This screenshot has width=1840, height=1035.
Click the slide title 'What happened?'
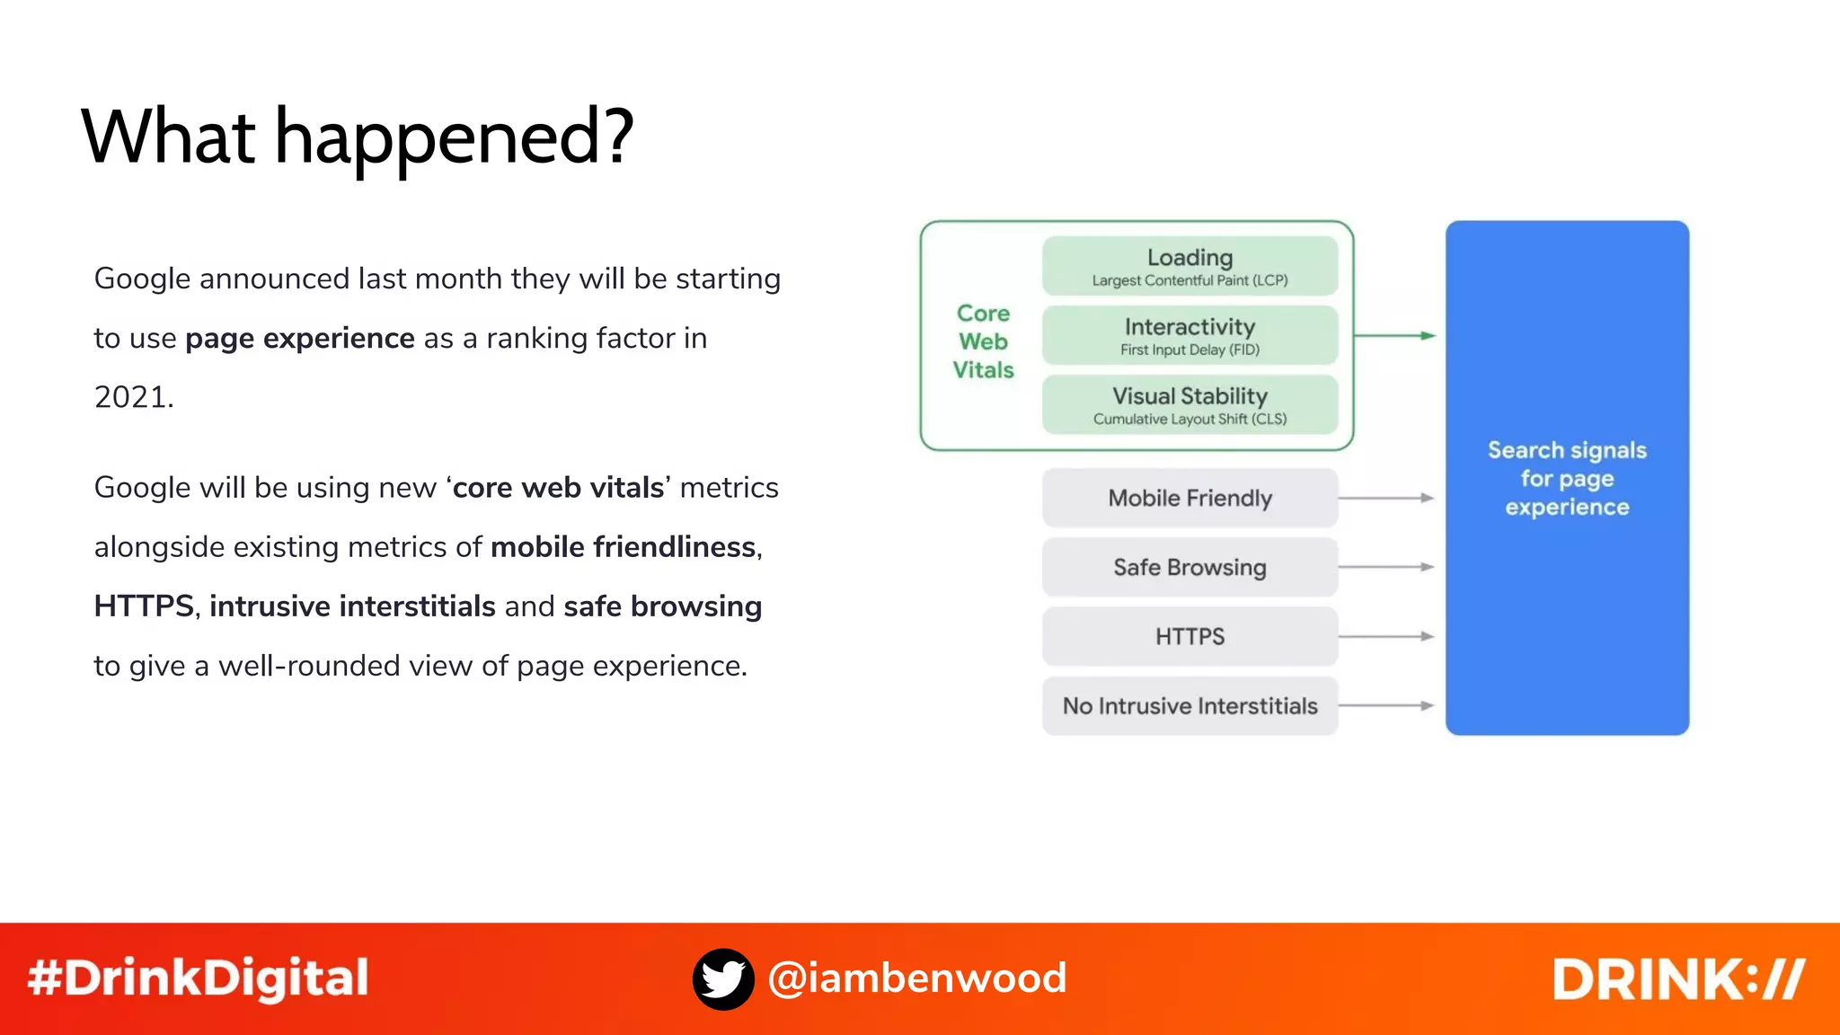[358, 137]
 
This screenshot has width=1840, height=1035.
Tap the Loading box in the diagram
[1190, 266]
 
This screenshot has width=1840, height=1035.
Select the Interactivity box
[1190, 335]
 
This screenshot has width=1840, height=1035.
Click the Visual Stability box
[1190, 404]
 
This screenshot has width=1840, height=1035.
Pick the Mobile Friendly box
[1190, 498]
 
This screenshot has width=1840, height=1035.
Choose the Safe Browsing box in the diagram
[1190, 567]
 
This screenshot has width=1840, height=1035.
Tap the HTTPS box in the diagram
[1190, 636]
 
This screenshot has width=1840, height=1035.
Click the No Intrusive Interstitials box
[1190, 706]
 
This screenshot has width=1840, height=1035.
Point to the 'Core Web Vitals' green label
[983, 341]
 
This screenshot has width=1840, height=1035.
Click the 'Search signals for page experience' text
[1567, 478]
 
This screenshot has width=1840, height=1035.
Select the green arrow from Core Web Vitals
[1394, 335]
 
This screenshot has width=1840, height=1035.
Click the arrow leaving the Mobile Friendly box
[1385, 498]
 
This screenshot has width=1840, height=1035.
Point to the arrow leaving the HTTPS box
[1385, 636]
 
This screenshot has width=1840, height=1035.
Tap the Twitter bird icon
[723, 978]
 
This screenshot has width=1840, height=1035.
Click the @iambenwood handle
[917, 978]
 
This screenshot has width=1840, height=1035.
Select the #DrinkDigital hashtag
[198, 978]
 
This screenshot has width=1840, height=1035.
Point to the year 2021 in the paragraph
[133, 397]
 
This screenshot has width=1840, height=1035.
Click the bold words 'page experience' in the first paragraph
[300, 339]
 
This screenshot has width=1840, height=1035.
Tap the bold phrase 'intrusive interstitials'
[352, 606]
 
